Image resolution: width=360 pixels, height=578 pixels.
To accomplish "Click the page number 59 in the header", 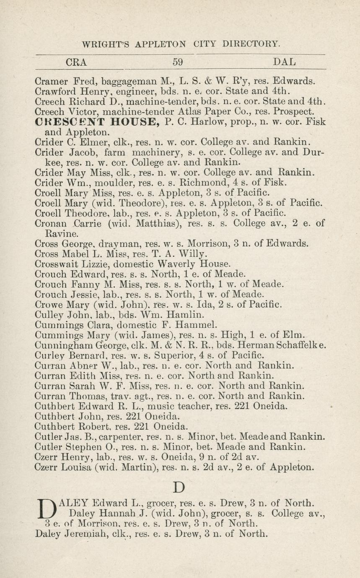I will tap(178, 62).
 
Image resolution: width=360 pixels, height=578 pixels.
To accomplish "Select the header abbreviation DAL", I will tap(284, 62).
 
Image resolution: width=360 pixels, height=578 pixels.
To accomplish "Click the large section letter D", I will tap(179, 488).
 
